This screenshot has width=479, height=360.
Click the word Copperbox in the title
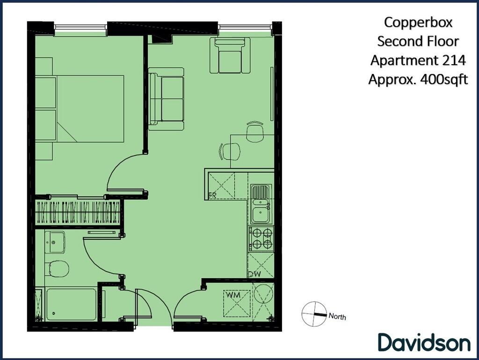coord(418,22)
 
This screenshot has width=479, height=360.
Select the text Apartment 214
coord(418,60)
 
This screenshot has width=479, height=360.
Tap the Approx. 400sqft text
coord(418,80)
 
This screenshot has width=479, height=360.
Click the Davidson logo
coord(424,342)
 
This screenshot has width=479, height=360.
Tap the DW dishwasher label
coord(254,274)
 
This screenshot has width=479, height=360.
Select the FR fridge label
coord(212,196)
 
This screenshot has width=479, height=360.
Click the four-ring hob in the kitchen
coord(261,238)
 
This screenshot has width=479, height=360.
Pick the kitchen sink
coord(260,205)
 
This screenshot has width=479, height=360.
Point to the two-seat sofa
coord(166,99)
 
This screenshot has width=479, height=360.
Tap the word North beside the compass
coord(337,316)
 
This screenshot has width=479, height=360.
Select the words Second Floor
coord(418,41)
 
